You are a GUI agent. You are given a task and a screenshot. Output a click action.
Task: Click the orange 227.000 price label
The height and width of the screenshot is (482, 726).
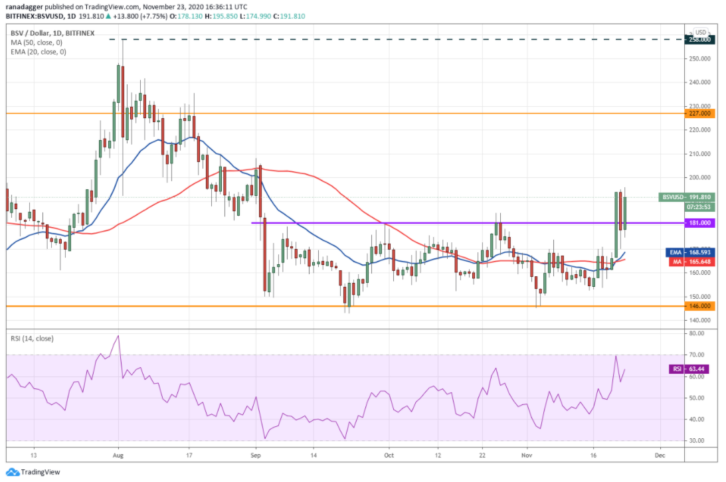coord(699,114)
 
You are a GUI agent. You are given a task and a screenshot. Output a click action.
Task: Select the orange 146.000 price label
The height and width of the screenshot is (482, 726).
coord(699,306)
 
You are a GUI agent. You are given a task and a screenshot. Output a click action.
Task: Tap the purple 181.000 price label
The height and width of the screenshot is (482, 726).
coord(699,223)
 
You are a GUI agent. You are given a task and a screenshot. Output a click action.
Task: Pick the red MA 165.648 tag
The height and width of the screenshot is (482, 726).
coord(691,262)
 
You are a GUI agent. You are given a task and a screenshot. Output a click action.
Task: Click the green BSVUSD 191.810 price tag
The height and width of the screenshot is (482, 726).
coord(687,197)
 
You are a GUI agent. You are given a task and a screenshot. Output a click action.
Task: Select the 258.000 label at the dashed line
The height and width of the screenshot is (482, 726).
coord(699,40)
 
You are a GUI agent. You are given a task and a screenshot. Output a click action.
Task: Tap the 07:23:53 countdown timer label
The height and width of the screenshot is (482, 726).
coord(699,206)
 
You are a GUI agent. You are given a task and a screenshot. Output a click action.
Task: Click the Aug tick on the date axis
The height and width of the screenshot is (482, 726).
coord(118,455)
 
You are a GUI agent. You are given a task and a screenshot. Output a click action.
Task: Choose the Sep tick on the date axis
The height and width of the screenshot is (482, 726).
coord(256,455)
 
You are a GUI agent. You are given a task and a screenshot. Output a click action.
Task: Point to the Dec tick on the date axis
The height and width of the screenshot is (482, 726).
coord(660,455)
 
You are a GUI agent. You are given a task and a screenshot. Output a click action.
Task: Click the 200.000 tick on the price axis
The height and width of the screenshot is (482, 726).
coord(699,178)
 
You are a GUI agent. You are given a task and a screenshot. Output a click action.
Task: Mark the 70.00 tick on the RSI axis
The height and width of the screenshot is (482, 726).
coord(696,355)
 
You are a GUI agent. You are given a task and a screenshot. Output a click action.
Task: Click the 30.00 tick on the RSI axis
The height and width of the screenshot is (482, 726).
coord(696,441)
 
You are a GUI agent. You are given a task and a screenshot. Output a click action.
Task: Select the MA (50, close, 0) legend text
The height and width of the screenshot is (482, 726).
coord(37,42)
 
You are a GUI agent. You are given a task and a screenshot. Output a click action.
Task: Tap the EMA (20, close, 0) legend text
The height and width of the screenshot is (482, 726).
coord(39,52)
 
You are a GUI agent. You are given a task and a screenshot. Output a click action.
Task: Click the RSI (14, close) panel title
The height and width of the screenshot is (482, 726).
coord(32,339)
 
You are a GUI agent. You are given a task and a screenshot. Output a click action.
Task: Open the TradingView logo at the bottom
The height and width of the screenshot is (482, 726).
coord(33,472)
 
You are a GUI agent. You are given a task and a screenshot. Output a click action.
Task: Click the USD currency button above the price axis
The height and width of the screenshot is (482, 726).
coord(701,33)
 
